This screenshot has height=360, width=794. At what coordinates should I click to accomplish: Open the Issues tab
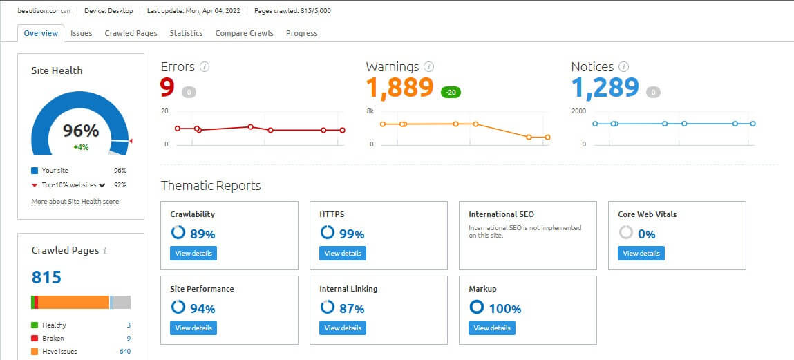pos(81,33)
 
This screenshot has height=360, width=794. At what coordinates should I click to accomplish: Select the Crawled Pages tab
pos(131,33)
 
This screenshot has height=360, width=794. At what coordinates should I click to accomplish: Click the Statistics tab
pos(186,33)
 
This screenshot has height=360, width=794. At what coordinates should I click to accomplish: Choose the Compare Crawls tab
pos(244,33)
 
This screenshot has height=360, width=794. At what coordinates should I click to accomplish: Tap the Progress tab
pos(301,33)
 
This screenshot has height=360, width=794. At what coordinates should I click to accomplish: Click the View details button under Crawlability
pos(193,254)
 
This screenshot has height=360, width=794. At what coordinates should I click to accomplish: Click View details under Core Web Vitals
pos(641,254)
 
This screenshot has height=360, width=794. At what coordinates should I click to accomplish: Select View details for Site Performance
pos(193,328)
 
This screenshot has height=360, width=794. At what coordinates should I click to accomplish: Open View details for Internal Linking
pos(342,328)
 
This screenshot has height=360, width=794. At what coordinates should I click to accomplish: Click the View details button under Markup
pos(491,328)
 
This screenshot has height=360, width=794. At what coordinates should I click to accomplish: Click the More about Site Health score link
pos(75,202)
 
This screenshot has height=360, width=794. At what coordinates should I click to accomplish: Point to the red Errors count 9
pos(167,88)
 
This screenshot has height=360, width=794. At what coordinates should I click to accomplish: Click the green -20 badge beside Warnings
pos(451,92)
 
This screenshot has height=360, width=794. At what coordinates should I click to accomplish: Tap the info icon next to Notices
pos(623,67)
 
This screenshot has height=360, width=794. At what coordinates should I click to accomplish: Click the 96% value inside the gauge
pos(81,131)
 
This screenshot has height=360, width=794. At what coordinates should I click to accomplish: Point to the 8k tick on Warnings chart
pos(370,111)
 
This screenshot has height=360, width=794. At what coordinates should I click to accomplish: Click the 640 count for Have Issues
pos(124,352)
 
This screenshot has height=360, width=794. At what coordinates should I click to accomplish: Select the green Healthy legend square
pos(35,325)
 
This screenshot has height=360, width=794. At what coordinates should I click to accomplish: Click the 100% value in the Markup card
pos(504,309)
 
